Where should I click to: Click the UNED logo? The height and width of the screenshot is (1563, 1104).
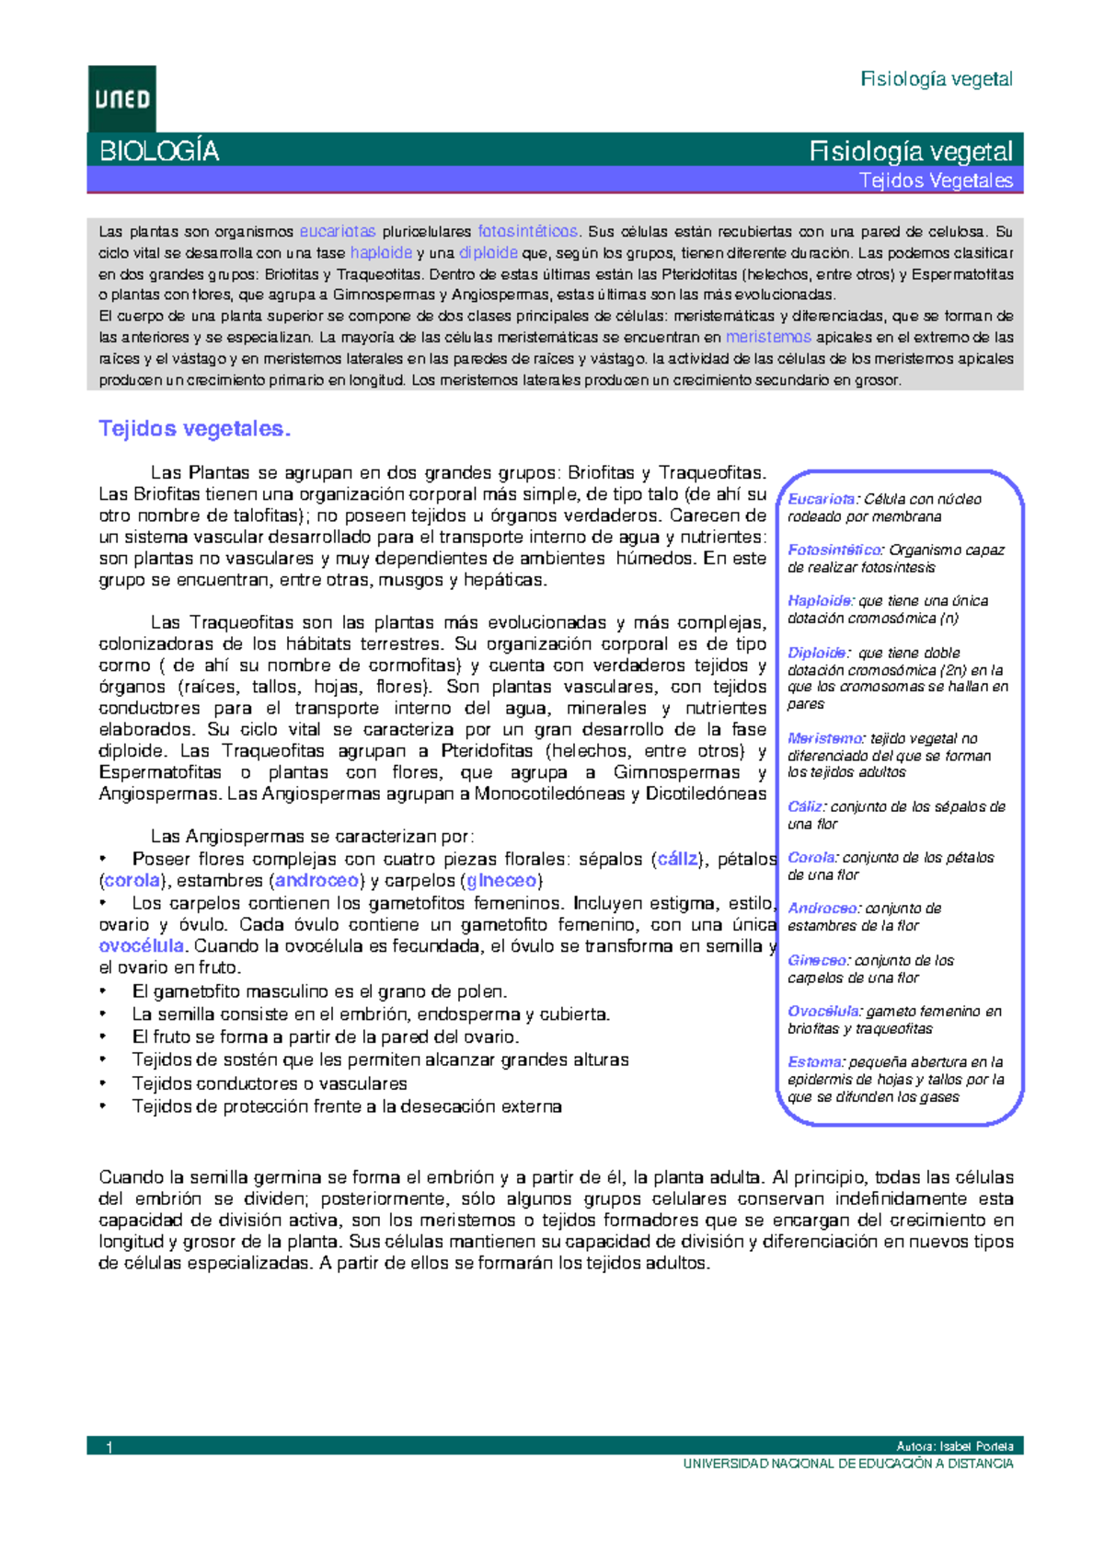(x=121, y=98)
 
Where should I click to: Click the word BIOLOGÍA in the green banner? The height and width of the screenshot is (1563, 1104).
(x=158, y=151)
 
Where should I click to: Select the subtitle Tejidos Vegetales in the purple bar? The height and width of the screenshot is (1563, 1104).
(x=936, y=180)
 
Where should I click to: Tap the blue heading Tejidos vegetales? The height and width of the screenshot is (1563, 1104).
(x=194, y=429)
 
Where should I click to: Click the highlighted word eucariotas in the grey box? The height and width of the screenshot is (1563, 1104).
(x=338, y=232)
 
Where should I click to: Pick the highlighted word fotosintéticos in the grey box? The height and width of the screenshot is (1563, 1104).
(x=527, y=232)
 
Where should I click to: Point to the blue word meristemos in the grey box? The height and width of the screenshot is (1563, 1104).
(x=768, y=337)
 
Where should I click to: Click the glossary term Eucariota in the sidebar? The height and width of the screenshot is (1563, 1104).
(x=821, y=499)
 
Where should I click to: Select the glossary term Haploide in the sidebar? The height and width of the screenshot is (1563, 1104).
(x=821, y=601)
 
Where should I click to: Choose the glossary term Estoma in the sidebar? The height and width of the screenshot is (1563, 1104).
(x=814, y=1062)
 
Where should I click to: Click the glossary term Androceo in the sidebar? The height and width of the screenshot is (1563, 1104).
(x=822, y=909)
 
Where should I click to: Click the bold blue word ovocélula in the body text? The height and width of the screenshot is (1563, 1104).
(x=141, y=946)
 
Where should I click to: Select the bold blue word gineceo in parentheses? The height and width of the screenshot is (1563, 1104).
(x=501, y=881)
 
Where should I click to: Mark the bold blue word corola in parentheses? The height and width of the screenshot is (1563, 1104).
(x=132, y=881)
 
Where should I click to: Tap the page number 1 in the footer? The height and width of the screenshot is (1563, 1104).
(x=109, y=1447)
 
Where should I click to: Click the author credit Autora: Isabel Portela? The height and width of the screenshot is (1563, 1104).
(x=954, y=1446)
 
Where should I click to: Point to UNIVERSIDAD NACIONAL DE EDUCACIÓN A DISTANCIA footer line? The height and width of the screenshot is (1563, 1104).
(x=847, y=1464)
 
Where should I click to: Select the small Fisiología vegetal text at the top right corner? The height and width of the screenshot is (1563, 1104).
(x=936, y=79)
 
